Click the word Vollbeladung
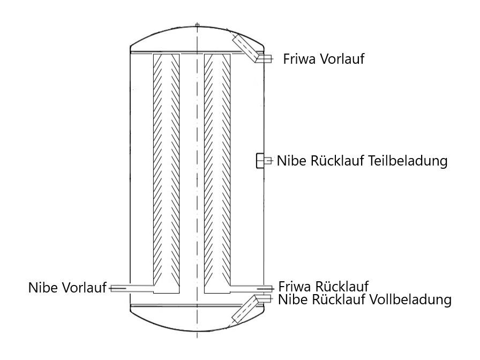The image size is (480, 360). click(x=410, y=299)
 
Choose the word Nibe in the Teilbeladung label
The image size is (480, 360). click(x=290, y=160)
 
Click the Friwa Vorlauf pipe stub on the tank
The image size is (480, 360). click(x=264, y=58)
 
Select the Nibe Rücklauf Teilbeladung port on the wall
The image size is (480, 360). click(x=261, y=160)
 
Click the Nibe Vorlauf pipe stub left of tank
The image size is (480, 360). click(x=119, y=288)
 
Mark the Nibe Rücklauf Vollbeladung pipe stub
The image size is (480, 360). click(x=266, y=298)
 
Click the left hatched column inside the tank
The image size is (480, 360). click(x=166, y=171)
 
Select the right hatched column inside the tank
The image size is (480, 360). click(x=217, y=171)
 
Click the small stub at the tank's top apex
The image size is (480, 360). click(x=197, y=25)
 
